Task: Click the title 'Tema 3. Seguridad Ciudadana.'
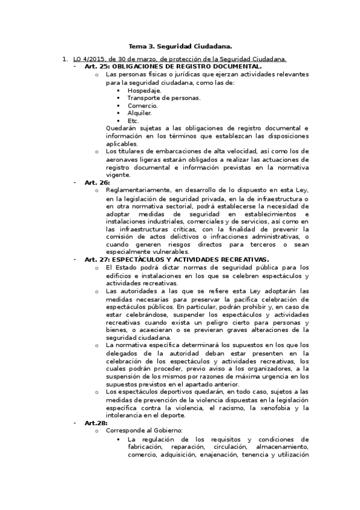click(180, 46)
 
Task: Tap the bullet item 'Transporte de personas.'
click(163, 97)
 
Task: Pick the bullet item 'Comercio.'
click(142, 105)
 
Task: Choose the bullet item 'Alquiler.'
click(139, 112)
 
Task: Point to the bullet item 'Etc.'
click(133, 120)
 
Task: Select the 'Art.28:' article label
click(96, 423)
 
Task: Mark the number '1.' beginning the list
click(66, 59)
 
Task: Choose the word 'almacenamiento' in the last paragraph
click(282, 447)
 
